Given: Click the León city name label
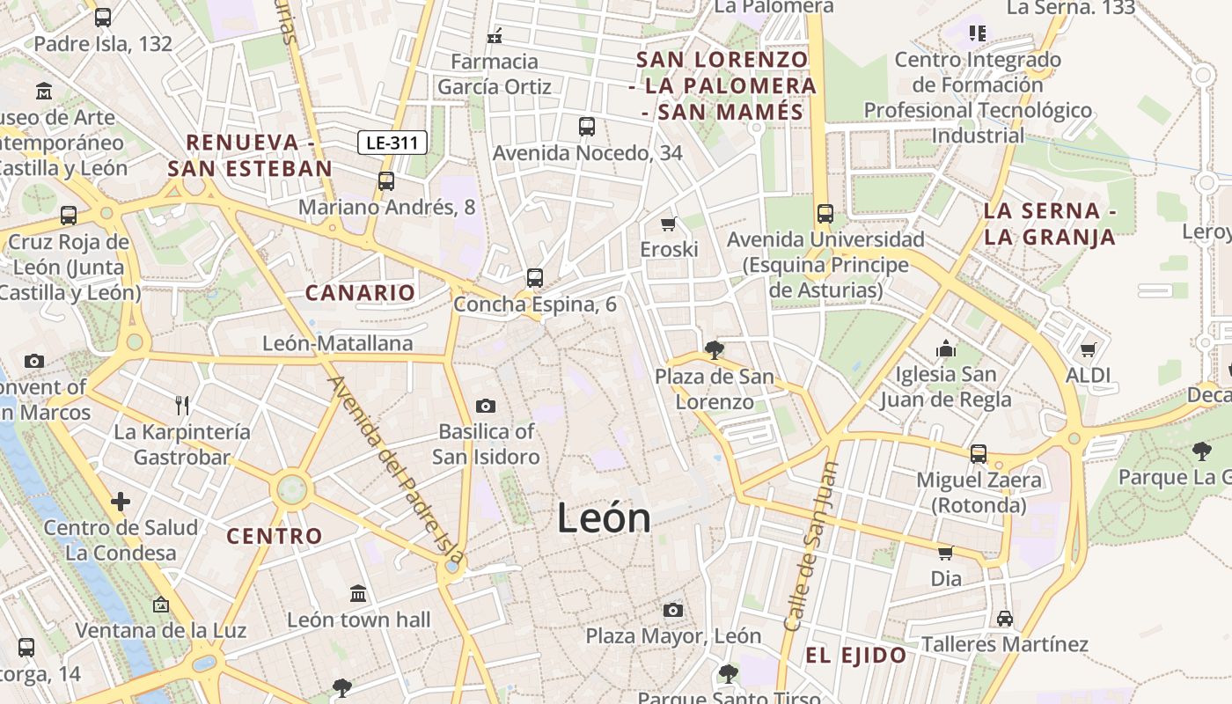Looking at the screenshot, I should (x=604, y=518).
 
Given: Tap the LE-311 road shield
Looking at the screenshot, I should (x=392, y=143).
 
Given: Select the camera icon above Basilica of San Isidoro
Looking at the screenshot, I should (x=485, y=406).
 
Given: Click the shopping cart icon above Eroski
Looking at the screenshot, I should (x=669, y=224).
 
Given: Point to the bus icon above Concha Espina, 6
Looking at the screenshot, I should (x=534, y=278).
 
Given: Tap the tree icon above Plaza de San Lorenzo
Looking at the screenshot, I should (x=715, y=350).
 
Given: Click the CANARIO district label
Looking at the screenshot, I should (x=360, y=293).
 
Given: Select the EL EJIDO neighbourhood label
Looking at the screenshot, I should (x=856, y=655).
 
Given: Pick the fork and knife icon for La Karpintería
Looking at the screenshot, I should (x=182, y=405).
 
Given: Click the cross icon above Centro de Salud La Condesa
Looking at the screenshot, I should (x=121, y=502).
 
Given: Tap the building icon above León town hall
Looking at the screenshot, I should (x=358, y=593).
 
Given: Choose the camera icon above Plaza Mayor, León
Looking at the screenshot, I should (x=673, y=610).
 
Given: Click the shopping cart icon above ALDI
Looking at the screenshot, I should (x=1089, y=349).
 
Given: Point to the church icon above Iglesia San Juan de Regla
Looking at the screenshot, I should (x=946, y=348).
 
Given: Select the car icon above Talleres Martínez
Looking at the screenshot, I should (x=1005, y=618).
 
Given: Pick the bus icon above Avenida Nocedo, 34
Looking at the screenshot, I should (x=587, y=127).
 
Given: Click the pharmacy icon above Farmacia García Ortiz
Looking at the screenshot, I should (x=495, y=36).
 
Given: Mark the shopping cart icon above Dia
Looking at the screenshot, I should (x=946, y=553).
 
